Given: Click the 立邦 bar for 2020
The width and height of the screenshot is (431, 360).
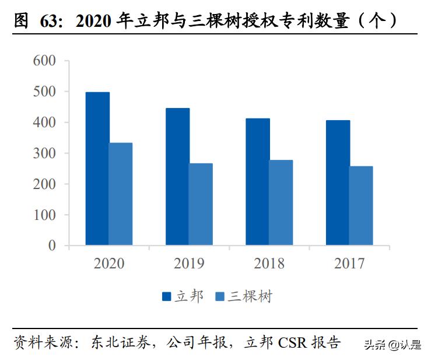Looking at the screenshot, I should click(x=97, y=169).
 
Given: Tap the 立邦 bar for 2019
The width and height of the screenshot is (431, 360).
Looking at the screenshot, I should click(x=177, y=176).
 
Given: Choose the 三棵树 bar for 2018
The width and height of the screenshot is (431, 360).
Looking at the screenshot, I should click(x=281, y=202).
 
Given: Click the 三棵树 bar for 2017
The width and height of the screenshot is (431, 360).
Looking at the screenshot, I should click(x=361, y=205).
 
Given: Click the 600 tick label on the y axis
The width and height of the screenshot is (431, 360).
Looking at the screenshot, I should click(x=44, y=61).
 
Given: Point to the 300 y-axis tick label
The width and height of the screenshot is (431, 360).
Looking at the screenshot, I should click(x=44, y=153).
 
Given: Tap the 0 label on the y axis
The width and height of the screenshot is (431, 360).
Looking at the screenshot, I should click(x=52, y=246).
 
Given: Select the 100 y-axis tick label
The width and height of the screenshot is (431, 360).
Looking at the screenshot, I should click(x=44, y=215).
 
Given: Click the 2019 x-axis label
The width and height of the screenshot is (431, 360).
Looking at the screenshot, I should click(x=189, y=264).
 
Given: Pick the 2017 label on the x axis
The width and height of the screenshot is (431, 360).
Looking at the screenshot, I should click(x=349, y=264).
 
